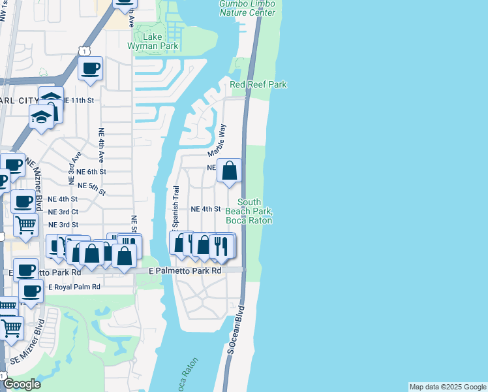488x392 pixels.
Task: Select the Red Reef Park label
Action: coord(258,85)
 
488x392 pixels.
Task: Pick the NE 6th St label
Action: coord(91,172)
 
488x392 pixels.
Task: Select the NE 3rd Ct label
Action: coord(63,212)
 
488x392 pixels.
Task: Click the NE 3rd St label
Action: coord(63,225)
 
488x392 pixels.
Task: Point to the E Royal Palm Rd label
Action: coord(74,287)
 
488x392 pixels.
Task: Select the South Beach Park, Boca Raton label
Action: coord(249,211)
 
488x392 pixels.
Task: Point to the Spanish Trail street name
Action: coord(175,207)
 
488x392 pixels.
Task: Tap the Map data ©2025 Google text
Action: coord(448,387)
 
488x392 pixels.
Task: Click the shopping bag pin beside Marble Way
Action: coord(229,171)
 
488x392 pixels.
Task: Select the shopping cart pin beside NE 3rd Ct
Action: coord(25,225)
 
